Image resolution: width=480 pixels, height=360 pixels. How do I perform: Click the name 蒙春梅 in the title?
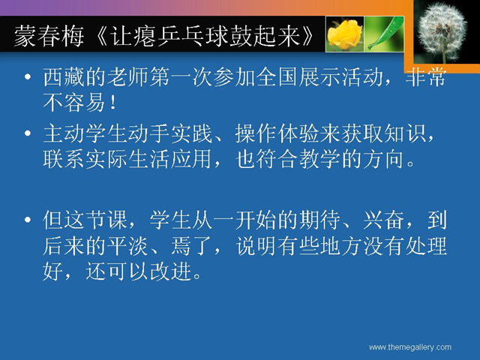coord(49,37)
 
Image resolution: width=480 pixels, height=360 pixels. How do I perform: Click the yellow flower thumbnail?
coord(344,34)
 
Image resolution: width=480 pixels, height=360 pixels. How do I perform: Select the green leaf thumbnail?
coord(384,34)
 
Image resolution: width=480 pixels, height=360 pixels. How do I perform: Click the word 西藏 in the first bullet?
coord(64,76)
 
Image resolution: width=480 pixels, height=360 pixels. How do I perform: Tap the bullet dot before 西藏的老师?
coord(28,76)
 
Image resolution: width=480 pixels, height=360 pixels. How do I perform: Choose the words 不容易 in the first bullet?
coord(74,102)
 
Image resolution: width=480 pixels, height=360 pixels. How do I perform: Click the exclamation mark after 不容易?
coord(113,102)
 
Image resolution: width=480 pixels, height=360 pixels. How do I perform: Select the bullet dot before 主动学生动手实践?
coord(28,133)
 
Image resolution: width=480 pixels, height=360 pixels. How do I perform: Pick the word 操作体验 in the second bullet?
coord(277,133)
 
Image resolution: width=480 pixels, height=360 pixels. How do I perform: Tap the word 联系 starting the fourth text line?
coord(64,159)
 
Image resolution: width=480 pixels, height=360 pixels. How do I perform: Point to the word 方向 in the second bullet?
coord(384,159)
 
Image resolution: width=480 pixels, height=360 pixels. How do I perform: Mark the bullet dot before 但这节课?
coord(28,220)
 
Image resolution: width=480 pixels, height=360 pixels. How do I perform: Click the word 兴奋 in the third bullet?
coord(384,220)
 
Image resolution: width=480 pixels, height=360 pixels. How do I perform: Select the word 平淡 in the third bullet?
coord(127,246)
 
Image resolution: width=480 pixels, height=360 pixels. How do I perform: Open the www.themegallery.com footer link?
coord(410,347)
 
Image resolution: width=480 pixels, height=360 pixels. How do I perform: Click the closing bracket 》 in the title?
coord(308,37)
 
